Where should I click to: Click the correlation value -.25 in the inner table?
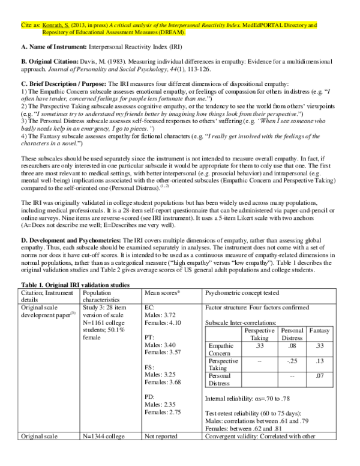coord(293,362)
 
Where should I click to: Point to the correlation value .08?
coord(293,346)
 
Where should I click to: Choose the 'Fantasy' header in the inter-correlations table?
coord(321,330)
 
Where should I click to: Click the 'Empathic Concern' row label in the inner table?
coord(220,349)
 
